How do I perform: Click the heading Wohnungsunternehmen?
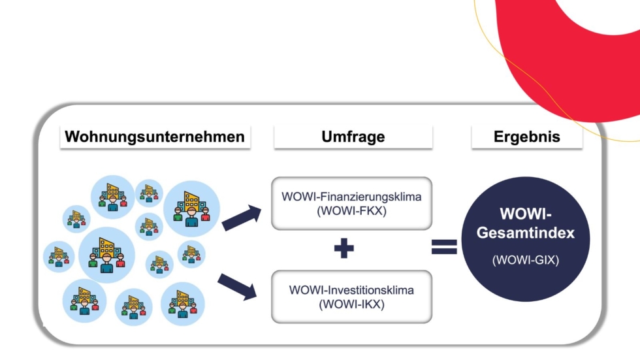(x=155, y=137)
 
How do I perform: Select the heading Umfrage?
(x=353, y=137)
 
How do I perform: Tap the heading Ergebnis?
(x=526, y=137)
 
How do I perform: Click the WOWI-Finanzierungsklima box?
(x=351, y=203)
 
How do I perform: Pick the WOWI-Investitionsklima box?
(x=351, y=296)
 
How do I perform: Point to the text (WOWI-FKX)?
(x=351, y=211)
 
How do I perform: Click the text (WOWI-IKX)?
(x=351, y=304)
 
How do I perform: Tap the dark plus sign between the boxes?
(x=344, y=249)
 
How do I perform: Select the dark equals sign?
(x=444, y=247)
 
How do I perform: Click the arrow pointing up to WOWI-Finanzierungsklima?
(x=241, y=218)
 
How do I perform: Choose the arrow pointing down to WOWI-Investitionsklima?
(x=238, y=287)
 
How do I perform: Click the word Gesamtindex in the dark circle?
(x=526, y=233)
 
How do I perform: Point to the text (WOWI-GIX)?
(x=526, y=261)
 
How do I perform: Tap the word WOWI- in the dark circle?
(x=526, y=214)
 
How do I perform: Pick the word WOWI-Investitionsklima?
(x=351, y=290)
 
